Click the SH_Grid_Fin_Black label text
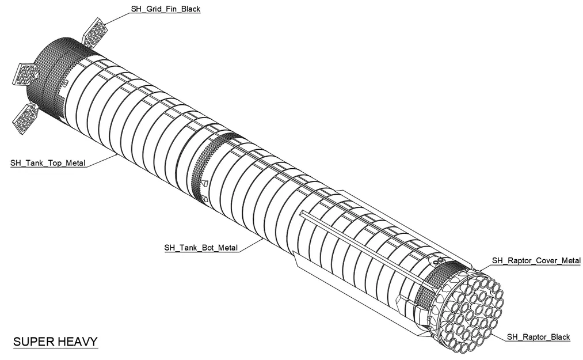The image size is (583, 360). coord(158,10)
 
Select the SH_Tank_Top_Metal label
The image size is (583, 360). coord(48,163)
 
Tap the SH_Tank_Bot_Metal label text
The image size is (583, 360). coord(201,248)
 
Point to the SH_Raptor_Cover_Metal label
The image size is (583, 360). coord(536,261)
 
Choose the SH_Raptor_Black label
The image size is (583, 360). coord(538,337)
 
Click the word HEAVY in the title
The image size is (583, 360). coord(78,342)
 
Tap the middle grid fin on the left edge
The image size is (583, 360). coord(26,74)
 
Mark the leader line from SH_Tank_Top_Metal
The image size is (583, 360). coord(104,160)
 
